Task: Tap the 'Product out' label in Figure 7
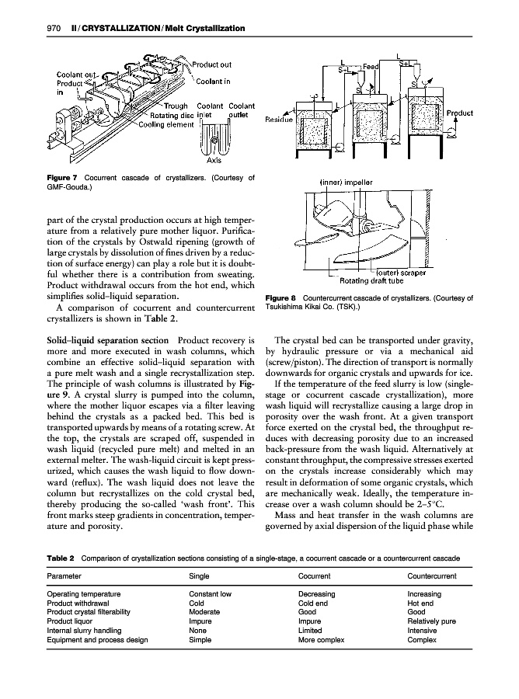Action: (211, 64)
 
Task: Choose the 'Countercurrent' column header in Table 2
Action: (431, 577)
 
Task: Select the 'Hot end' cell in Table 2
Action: (420, 603)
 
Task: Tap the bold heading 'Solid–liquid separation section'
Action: (101, 341)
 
